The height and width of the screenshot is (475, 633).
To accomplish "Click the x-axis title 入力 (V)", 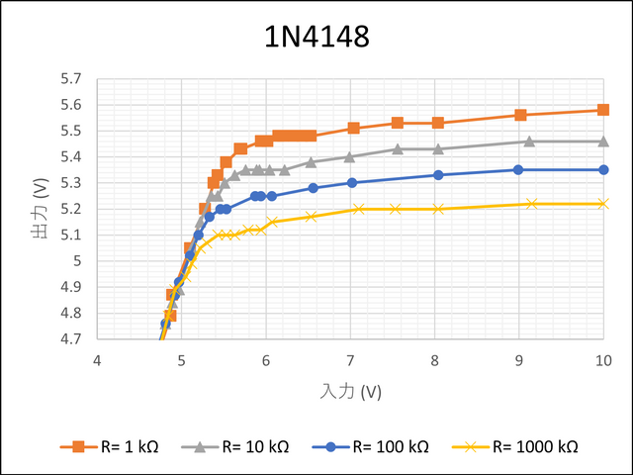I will coord(351,392).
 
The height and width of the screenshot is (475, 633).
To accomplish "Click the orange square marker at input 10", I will coord(603,110).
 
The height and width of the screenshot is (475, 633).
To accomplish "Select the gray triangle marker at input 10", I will coord(603,142).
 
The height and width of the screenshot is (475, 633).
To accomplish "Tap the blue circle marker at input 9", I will coord(517,170).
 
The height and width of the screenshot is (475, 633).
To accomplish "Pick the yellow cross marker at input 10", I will coord(603,204).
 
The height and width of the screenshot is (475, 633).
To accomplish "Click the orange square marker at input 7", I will coord(353,128).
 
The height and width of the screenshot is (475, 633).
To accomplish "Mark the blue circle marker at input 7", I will coord(352,182).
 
